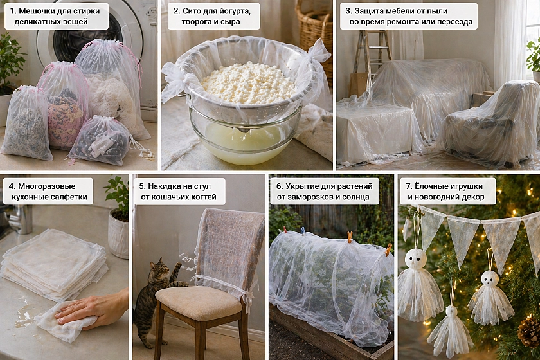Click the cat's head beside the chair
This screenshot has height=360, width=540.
coord(159,269)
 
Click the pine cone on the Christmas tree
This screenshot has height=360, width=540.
coord(528,331)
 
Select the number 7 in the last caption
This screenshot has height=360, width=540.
coord(408,186)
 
